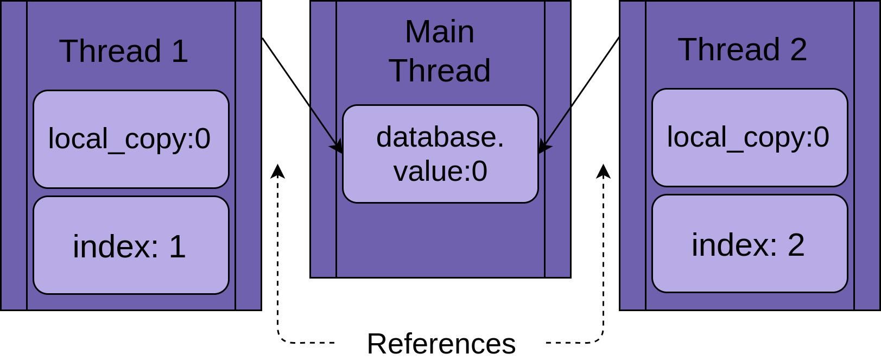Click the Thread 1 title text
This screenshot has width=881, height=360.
(x=123, y=51)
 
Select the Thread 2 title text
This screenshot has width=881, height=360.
(x=742, y=49)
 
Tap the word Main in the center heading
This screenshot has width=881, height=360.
(x=439, y=31)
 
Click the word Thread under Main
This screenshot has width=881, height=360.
(x=439, y=71)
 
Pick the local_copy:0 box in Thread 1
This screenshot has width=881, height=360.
(x=131, y=139)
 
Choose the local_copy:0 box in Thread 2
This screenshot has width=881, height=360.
(x=750, y=137)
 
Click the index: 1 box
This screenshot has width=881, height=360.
(x=131, y=245)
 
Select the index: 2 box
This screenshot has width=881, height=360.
(x=750, y=244)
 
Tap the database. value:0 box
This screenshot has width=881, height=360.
(x=440, y=154)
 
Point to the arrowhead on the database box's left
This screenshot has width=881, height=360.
(x=337, y=147)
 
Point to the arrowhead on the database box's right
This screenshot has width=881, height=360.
(x=543, y=147)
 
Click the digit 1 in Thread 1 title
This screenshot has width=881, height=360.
(x=180, y=51)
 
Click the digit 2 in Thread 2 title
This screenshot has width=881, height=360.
(x=798, y=49)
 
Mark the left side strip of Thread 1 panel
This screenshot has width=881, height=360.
(x=14, y=155)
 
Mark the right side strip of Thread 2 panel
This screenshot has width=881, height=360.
(x=867, y=155)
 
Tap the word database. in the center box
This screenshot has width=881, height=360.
(x=440, y=137)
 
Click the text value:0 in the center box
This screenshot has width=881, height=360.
(x=440, y=171)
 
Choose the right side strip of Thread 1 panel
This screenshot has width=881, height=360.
(x=248, y=155)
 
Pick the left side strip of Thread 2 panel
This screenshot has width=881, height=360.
(x=632, y=155)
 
